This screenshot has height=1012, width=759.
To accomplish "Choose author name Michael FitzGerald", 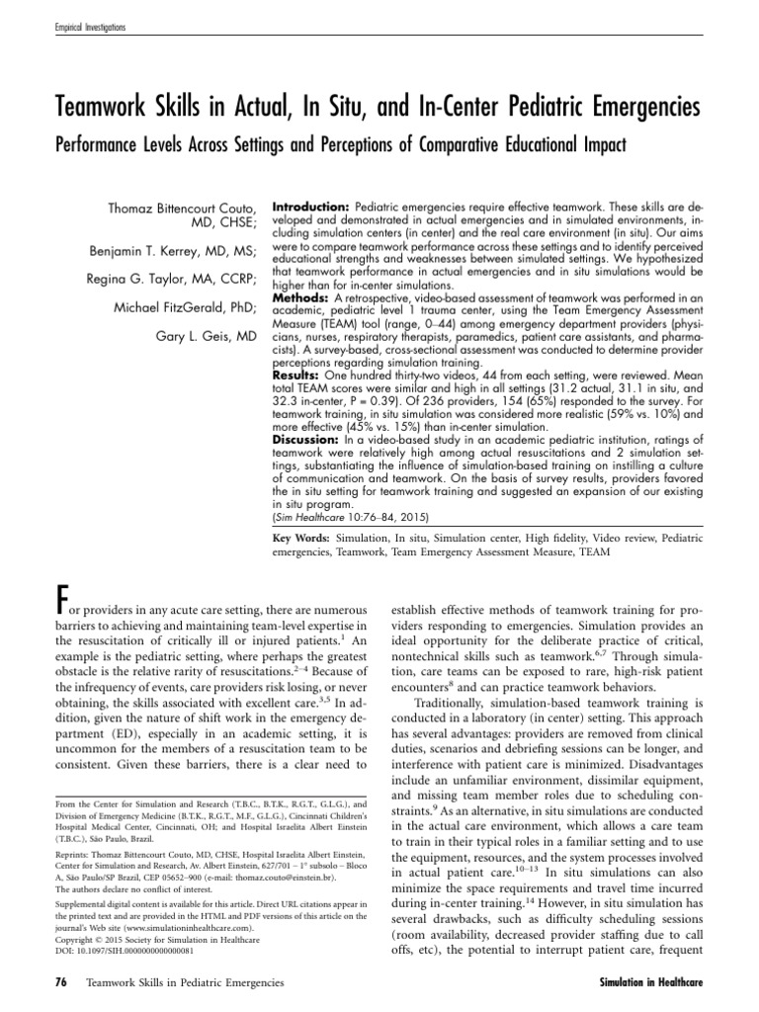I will [x=184, y=309].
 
